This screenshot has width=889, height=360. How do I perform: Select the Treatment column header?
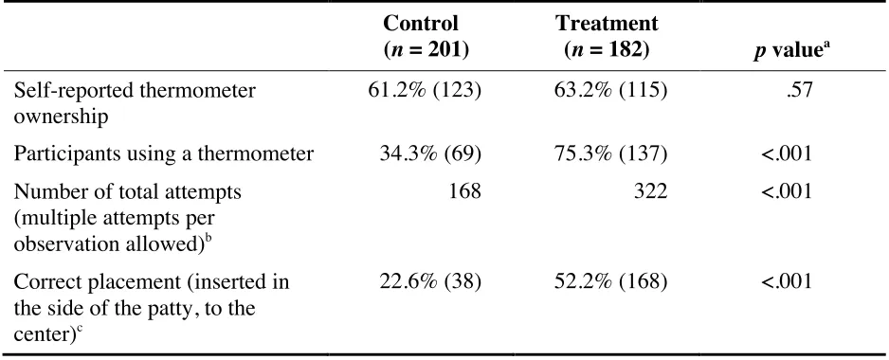pyautogui.click(x=607, y=36)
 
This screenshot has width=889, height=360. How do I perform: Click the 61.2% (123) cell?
pyautogui.click(x=425, y=91)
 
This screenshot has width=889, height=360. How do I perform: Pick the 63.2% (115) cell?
pyautogui.click(x=610, y=91)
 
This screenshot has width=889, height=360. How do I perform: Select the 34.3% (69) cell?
pyautogui.click(x=430, y=154)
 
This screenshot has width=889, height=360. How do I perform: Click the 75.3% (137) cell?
pyautogui.click(x=610, y=154)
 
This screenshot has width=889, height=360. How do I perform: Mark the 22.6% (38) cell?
pyautogui.click(x=430, y=281)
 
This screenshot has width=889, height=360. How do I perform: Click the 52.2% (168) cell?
pyautogui.click(x=610, y=281)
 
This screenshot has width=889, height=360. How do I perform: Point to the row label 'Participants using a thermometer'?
pyautogui.click(x=163, y=154)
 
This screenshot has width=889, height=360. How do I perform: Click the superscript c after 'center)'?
pyautogui.click(x=88, y=328)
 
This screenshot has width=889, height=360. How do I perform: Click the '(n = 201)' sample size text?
pyautogui.click(x=426, y=50)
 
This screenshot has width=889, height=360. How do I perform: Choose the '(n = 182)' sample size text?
pyautogui.click(x=607, y=50)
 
